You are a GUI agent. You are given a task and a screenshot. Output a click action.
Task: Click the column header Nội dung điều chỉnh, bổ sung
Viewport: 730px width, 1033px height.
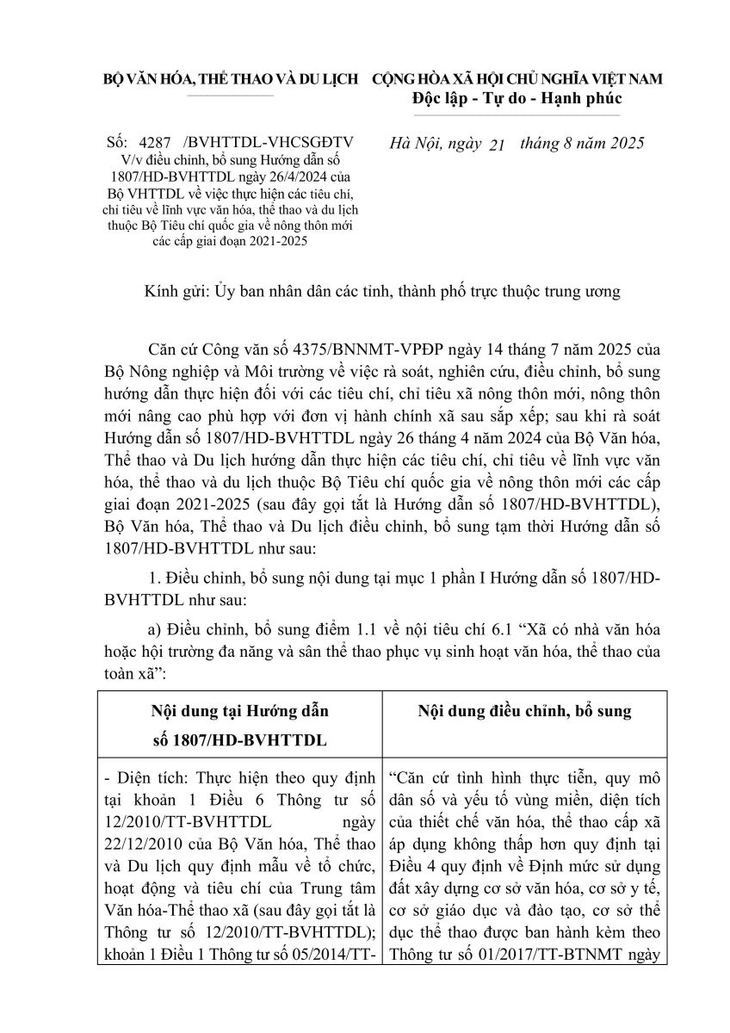524,712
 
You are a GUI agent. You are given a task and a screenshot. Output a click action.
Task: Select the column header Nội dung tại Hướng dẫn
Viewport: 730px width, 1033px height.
240,712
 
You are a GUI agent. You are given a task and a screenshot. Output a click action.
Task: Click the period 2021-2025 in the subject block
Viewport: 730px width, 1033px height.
280,241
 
